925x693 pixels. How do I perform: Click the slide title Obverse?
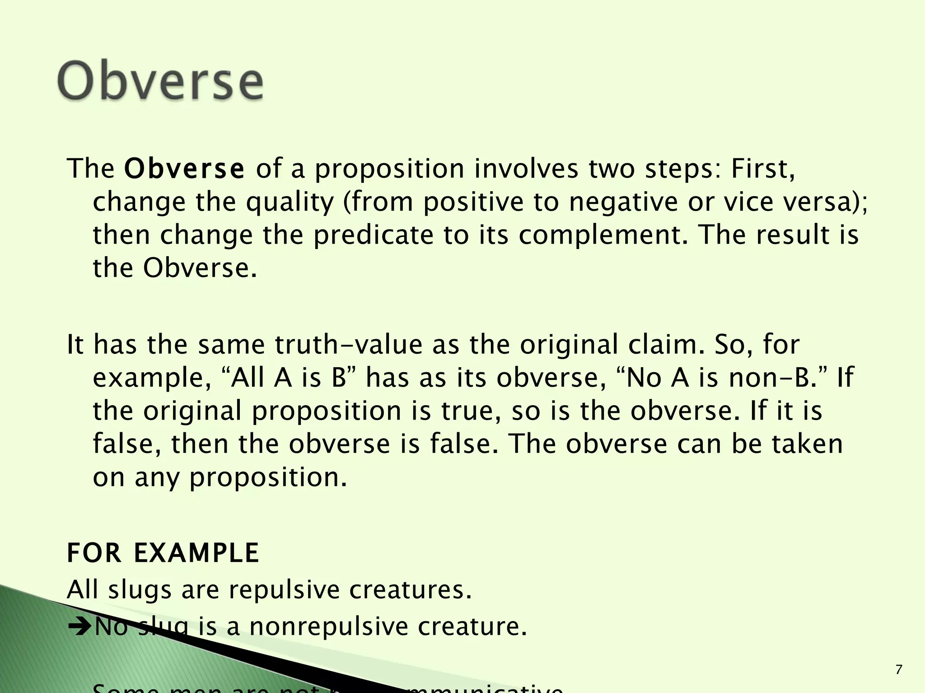[x=160, y=81]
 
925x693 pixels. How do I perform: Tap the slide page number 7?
[x=899, y=670]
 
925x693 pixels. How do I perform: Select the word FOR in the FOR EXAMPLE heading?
[x=94, y=553]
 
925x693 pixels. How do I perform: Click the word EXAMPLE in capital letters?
[x=196, y=553]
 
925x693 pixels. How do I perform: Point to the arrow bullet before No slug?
[x=79, y=627]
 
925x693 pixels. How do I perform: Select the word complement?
[x=601, y=235]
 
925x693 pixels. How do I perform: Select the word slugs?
[x=140, y=590]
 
